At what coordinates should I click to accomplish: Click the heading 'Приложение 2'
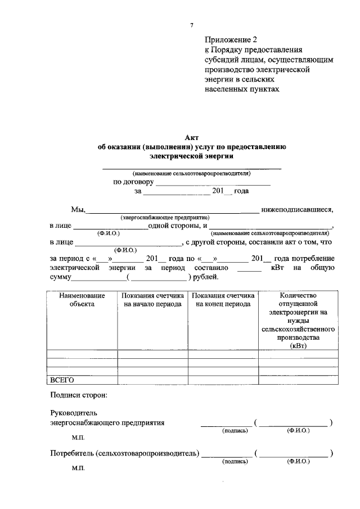point(231,39)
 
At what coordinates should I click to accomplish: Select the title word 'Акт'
point(192,137)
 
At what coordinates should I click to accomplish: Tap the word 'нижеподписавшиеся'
point(298,210)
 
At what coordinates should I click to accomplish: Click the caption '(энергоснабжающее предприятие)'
point(164,217)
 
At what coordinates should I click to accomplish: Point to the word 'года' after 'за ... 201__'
point(241,191)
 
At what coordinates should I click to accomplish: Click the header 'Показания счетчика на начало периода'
point(152,300)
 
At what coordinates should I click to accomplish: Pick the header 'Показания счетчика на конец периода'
point(223,300)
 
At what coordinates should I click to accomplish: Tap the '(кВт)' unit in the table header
point(298,346)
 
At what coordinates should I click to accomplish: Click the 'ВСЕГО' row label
point(62,380)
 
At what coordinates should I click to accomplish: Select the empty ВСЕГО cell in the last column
point(298,380)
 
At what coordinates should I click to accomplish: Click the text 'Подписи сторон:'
point(78,395)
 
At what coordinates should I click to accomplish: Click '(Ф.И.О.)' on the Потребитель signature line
point(298,461)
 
